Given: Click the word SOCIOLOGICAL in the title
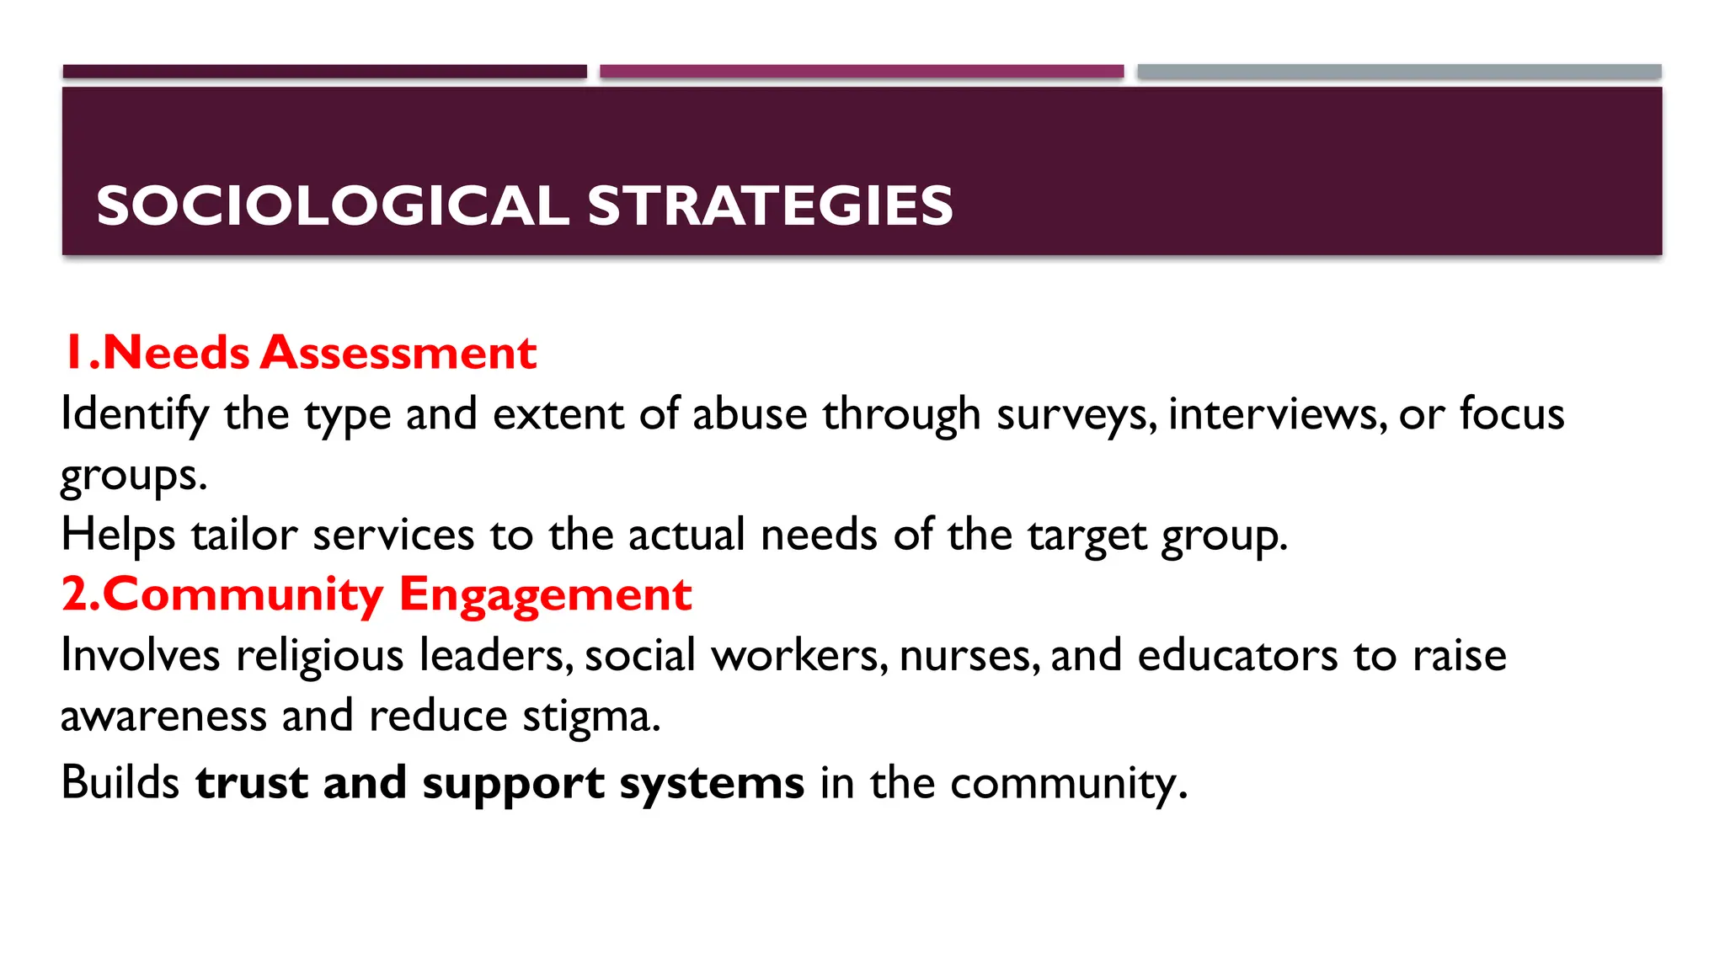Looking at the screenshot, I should tap(333, 206).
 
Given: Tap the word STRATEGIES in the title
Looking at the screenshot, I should tap(770, 206).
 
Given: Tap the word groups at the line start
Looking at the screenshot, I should tap(133, 477).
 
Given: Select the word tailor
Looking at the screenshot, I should tap(244, 535).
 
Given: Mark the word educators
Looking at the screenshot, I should tap(1237, 656).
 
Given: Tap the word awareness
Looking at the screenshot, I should tap(163, 717).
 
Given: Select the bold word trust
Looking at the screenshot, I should tap(251, 782).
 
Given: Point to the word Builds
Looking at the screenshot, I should tap(120, 782).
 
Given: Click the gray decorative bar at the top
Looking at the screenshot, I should tap(1399, 72).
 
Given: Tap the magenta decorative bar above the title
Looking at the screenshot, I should tap(862, 72).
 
